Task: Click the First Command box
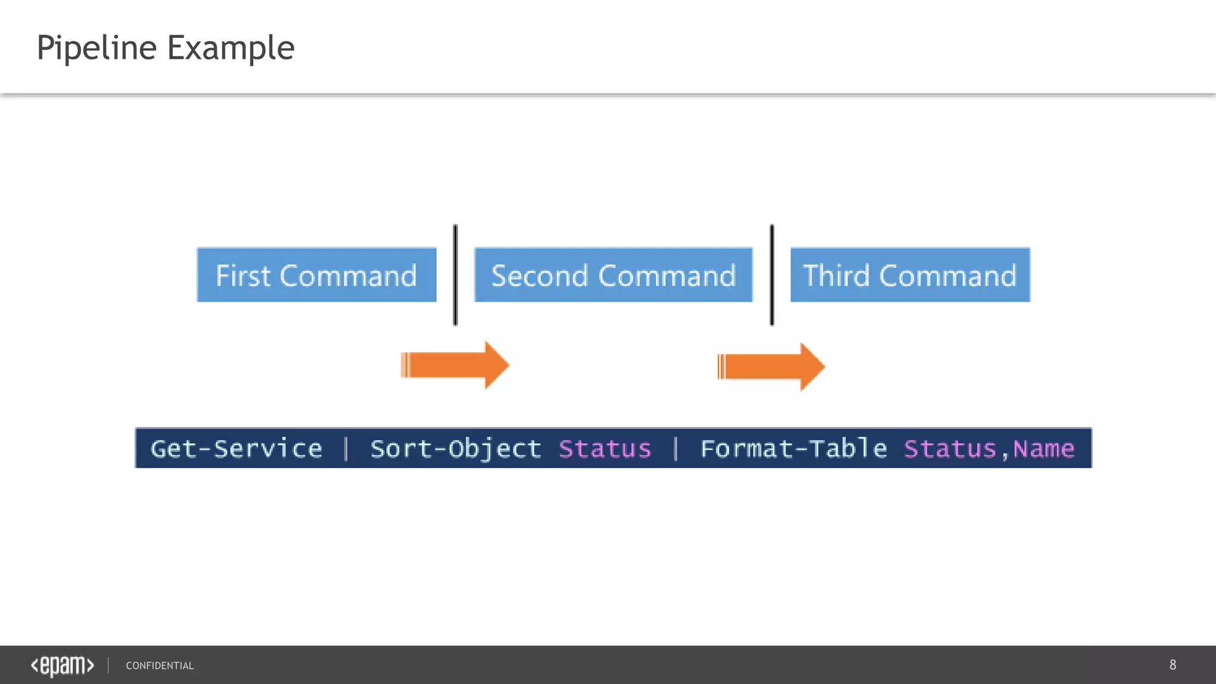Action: coord(316,275)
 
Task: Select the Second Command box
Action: coord(613,275)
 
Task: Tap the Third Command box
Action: coord(910,275)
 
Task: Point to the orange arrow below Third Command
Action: coord(771,366)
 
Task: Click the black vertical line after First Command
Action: coord(455,275)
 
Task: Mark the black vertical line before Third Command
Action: coord(772,275)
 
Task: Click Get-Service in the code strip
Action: coord(236,449)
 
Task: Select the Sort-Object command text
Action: coord(455,449)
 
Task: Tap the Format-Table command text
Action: coord(794,449)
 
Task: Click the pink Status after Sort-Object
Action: coord(605,449)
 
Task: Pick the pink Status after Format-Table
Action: coord(950,449)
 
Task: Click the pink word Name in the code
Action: coord(1044,449)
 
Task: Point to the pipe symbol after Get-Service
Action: coord(346,449)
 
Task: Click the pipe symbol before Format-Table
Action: coord(676,449)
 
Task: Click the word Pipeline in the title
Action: coord(97,48)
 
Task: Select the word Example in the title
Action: coord(231,48)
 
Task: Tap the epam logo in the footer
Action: coord(62,666)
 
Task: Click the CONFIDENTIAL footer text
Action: coord(160,666)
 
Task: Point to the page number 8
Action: coord(1173,665)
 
